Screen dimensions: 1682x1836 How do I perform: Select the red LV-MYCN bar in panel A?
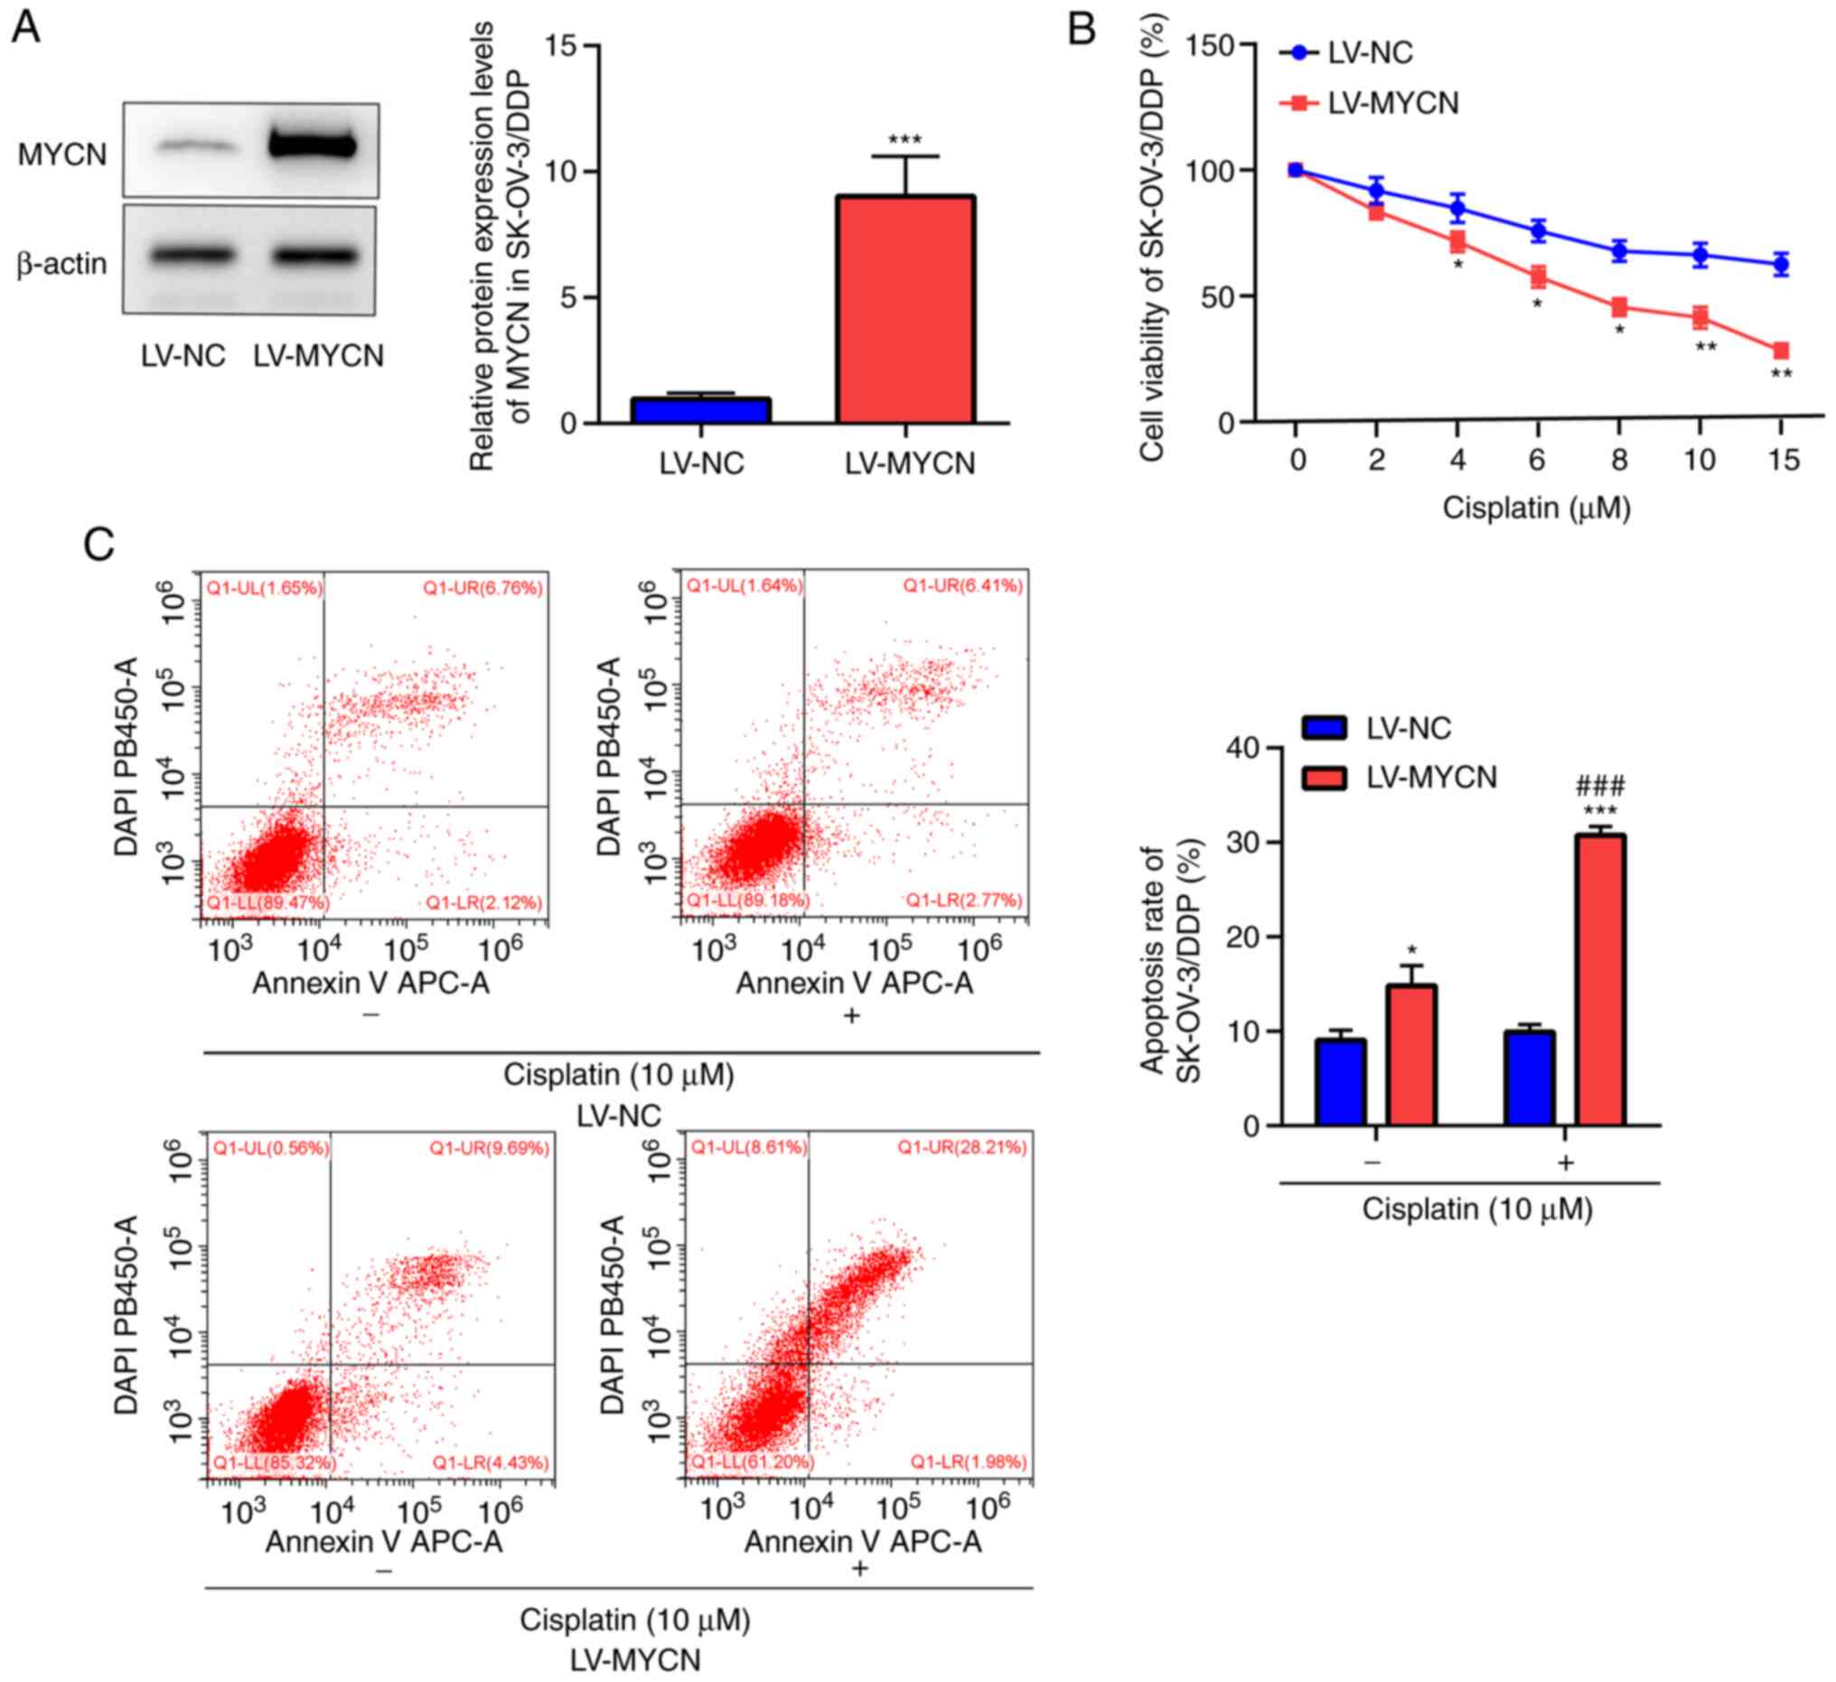[x=905, y=309]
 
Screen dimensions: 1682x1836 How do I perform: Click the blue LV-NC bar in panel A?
[x=701, y=411]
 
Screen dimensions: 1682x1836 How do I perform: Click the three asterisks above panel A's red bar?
[x=904, y=140]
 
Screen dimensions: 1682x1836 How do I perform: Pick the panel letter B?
[x=1081, y=29]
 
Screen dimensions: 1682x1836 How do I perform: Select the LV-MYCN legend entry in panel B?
[x=1392, y=103]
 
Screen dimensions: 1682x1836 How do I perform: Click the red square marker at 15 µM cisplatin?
[x=1781, y=350]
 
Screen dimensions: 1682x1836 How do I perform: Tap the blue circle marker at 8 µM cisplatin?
[x=1619, y=250]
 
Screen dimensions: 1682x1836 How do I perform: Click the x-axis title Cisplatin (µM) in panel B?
[x=1535, y=509]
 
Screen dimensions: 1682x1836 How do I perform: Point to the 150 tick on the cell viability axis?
[x=1214, y=45]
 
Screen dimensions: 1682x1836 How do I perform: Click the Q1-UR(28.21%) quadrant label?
[x=961, y=1146]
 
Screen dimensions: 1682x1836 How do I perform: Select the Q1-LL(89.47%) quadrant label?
[x=267, y=902]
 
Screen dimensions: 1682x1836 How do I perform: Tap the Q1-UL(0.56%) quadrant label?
[x=270, y=1148]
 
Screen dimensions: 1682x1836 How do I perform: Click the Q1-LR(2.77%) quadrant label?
[x=962, y=901]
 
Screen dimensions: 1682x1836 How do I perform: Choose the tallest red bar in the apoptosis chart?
[x=1600, y=980]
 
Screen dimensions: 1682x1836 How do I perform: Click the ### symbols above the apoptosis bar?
[x=1600, y=786]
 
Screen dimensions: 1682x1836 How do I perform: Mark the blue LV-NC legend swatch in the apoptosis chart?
[x=1325, y=728]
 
